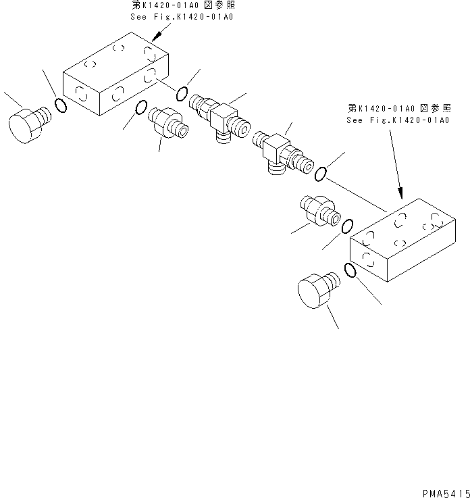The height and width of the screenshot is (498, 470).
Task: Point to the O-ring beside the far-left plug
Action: pos(61,105)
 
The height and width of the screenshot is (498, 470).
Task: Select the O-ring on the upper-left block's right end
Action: pos(182,93)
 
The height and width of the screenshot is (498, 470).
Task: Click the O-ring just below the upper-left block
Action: pos(142,107)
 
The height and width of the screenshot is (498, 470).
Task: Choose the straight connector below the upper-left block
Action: pos(167,122)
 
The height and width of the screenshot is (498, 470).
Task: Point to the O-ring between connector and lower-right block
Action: pos(348,225)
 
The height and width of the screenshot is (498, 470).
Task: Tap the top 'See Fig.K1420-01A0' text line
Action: pos(183,17)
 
